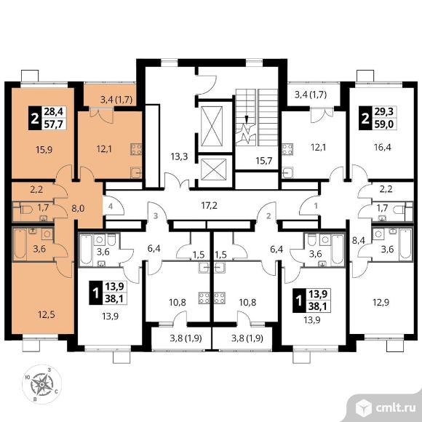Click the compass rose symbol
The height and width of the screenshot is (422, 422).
(41, 384)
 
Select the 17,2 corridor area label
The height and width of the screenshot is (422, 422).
(210, 206)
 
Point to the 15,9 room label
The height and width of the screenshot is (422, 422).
(44, 149)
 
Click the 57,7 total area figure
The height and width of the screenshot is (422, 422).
(54, 124)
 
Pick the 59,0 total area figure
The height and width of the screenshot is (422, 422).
(384, 124)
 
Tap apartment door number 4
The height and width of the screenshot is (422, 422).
(111, 207)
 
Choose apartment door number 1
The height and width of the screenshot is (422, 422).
(316, 206)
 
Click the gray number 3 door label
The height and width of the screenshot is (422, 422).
(156, 216)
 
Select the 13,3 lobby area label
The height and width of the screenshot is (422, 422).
(179, 156)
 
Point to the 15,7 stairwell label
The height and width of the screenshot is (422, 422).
(263, 160)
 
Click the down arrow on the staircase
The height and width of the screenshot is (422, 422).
(246, 119)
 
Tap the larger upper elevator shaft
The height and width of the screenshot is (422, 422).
(212, 126)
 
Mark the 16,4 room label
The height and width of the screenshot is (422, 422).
(383, 147)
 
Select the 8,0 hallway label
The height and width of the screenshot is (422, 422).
(78, 208)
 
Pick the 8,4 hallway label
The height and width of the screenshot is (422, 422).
(358, 240)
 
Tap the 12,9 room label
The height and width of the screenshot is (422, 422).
(381, 303)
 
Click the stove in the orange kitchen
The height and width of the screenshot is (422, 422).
(136, 149)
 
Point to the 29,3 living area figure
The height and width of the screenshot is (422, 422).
(384, 111)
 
